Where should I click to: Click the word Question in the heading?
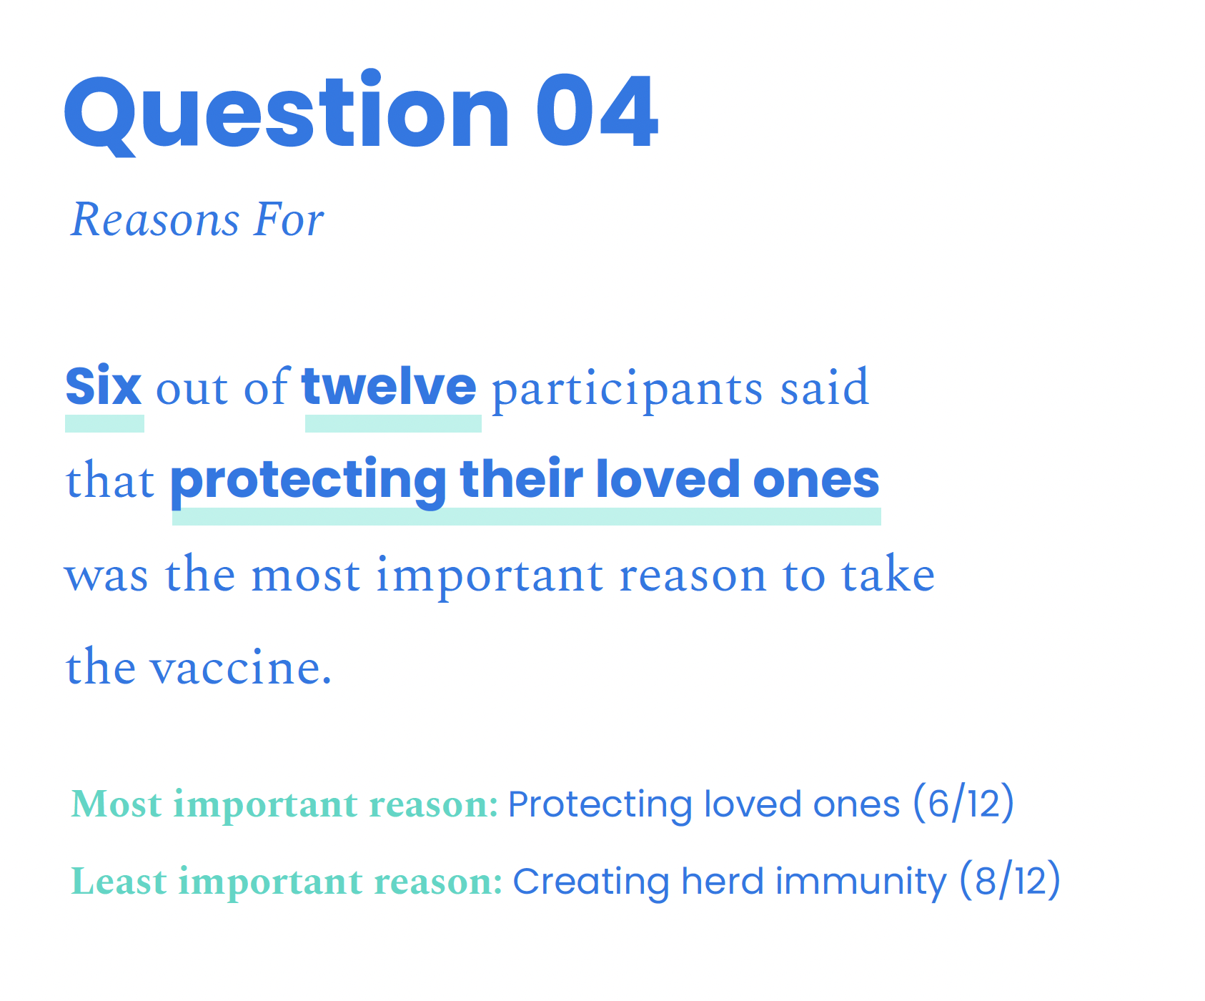[287, 113]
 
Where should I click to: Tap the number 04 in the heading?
[597, 112]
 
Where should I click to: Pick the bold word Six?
[104, 386]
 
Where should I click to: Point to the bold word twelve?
[390, 386]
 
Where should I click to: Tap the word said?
[824, 387]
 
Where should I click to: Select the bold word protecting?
[308, 480]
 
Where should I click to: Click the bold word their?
[521, 478]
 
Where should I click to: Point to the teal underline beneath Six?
[104, 423]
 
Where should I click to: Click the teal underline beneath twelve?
[393, 423]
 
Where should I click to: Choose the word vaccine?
[241, 666]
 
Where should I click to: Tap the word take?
[888, 573]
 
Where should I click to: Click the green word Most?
[116, 804]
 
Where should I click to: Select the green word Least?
[119, 881]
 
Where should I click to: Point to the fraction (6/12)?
[963, 804]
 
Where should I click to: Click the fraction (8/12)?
[1010, 881]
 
